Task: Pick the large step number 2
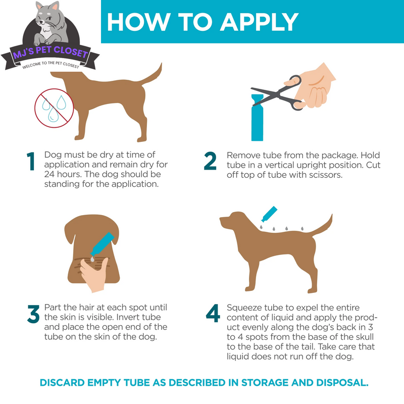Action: point(211,162)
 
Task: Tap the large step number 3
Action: point(32,315)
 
